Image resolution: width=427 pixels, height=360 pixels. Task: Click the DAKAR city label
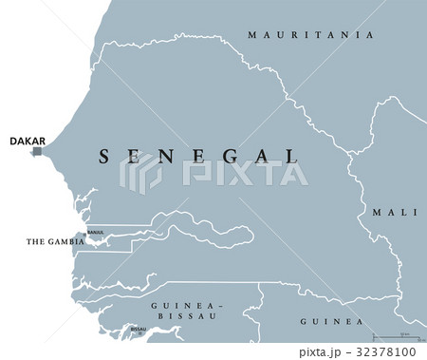point(26,141)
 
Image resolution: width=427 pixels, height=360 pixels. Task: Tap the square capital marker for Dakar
point(37,151)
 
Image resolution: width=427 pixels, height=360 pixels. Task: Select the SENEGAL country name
point(198,155)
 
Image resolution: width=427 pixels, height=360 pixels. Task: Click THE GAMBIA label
point(56,242)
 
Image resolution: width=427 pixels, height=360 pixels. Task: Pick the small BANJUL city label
point(95,230)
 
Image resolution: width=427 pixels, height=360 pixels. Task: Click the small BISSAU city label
point(139,329)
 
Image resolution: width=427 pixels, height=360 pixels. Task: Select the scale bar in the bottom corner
point(399,337)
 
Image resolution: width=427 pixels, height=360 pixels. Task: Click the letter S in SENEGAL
point(103,155)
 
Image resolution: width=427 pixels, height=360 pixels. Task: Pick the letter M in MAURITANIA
point(252,35)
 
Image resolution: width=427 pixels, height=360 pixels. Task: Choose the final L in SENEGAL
point(291,155)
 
